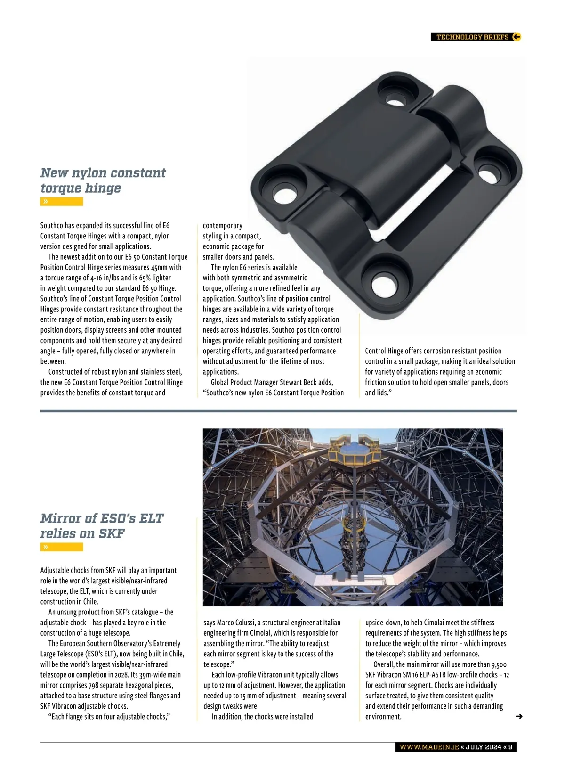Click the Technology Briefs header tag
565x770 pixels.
tap(472, 37)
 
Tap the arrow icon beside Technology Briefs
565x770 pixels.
tap(516, 37)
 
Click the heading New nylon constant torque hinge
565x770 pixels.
tap(103, 180)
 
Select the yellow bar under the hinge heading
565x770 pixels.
tap(62, 202)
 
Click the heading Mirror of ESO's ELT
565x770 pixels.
tap(102, 525)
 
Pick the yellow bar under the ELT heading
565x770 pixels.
tap(62, 547)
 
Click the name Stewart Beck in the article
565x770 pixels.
tap(299, 382)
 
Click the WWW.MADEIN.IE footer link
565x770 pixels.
tap(428, 747)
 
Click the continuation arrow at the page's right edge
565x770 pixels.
tap(519, 716)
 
